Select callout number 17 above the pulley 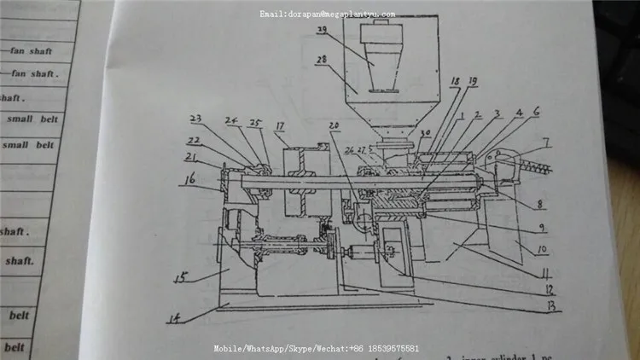[278, 127]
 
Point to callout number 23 [195, 119]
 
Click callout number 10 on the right [544, 252]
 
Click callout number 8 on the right [539, 205]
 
